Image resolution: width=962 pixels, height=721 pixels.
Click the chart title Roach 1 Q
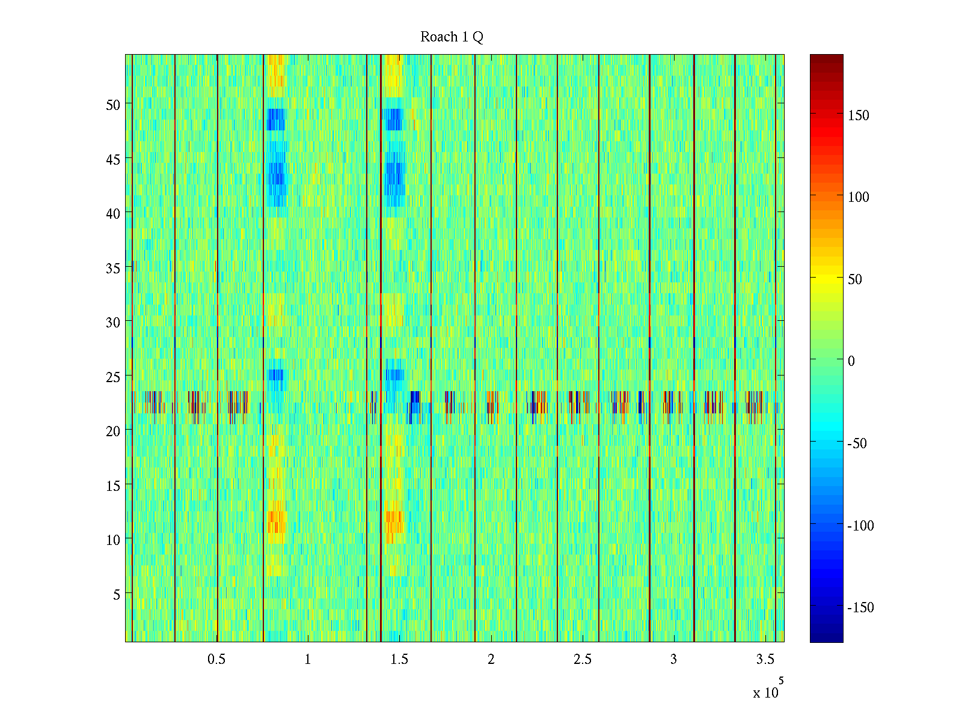point(452,37)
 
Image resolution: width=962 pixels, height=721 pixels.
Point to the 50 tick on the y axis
point(113,105)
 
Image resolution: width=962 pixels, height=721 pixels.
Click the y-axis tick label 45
point(113,159)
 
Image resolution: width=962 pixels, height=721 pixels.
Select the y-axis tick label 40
point(113,213)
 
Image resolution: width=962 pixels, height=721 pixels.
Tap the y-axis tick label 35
point(113,268)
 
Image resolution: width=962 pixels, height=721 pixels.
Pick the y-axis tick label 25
point(113,377)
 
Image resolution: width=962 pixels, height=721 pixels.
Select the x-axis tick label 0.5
point(216,660)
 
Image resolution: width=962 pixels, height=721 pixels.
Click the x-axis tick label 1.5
point(399,660)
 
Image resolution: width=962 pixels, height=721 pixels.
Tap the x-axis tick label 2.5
point(582,660)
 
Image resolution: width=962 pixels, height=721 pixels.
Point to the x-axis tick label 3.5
point(765,660)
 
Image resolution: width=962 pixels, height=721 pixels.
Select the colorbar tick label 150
point(858,115)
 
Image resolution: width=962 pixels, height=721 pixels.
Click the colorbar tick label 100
point(858,197)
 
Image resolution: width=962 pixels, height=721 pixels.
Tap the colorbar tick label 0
point(851,361)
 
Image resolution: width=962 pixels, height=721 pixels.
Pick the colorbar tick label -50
point(857,443)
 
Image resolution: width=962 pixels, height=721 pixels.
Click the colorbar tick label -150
point(860,607)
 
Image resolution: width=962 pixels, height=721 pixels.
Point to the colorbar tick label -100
point(860,526)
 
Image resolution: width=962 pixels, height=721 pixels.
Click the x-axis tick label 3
point(673,660)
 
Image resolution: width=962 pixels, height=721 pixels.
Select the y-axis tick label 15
point(113,485)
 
